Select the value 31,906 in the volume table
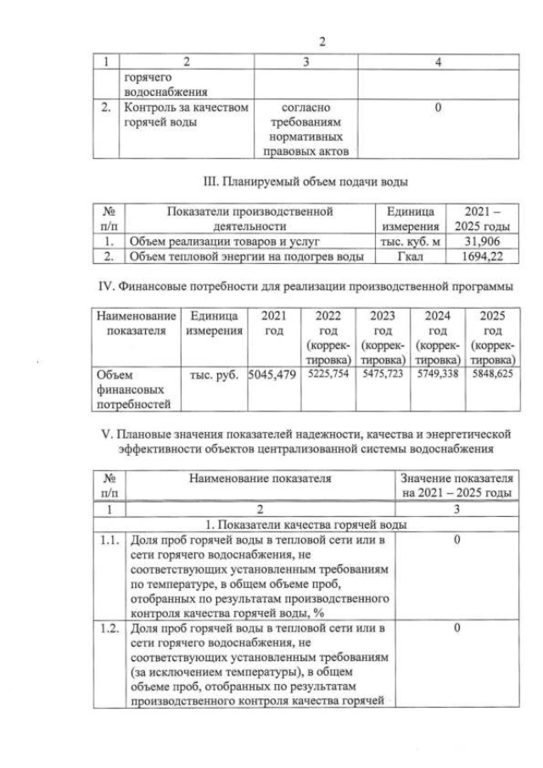click(482, 241)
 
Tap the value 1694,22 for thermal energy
click(482, 255)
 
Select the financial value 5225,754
click(328, 373)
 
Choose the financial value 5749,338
click(438, 373)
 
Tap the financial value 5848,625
click(493, 373)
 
